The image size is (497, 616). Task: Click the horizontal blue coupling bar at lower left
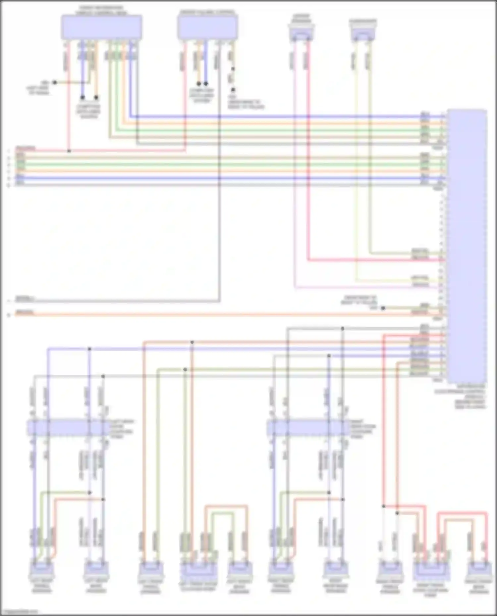68,427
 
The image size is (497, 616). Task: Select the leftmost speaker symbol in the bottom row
41,569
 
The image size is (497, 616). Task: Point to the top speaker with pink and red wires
301,34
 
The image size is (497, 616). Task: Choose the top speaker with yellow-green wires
363,34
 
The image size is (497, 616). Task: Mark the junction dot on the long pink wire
69,151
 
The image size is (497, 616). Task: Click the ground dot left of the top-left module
55,82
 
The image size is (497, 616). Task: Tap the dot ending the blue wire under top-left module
83,97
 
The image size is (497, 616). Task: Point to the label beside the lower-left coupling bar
121,429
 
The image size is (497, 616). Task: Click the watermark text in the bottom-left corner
19,612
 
